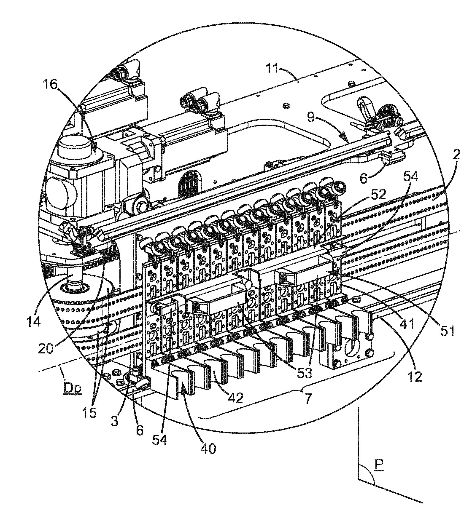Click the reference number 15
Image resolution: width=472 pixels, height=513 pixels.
coord(91,413)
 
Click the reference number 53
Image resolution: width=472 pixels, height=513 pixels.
coord(305,374)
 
